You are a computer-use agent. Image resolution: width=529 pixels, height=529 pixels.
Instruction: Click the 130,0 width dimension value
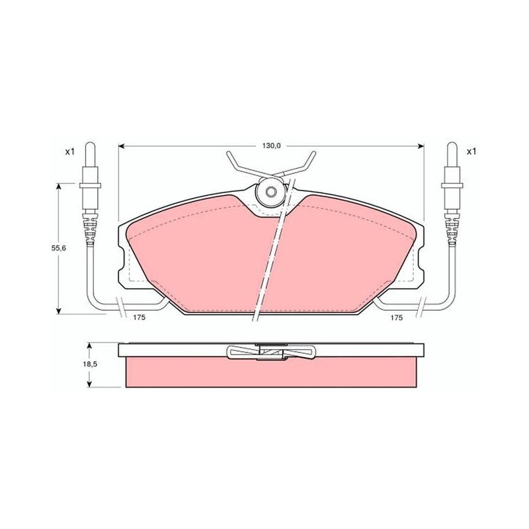click(x=272, y=145)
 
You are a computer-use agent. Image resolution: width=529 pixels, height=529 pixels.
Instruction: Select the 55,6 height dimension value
click(x=58, y=248)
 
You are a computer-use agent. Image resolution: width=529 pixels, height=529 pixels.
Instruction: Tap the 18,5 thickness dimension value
click(x=89, y=364)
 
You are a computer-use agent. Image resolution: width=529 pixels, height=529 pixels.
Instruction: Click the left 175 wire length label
click(x=139, y=317)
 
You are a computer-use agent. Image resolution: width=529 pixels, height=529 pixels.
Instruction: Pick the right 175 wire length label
click(x=397, y=317)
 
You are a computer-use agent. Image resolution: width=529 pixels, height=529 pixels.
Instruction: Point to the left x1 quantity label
click(x=69, y=152)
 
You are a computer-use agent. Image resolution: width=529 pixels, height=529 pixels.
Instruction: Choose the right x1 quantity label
click(x=471, y=152)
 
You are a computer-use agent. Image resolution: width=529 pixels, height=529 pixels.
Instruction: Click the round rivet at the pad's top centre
click(x=270, y=192)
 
